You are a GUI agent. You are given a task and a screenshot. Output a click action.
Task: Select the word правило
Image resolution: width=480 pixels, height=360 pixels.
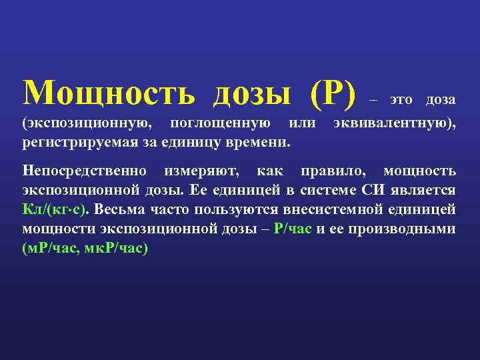(333, 170)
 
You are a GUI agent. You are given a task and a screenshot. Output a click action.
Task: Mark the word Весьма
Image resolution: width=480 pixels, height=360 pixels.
(117, 209)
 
